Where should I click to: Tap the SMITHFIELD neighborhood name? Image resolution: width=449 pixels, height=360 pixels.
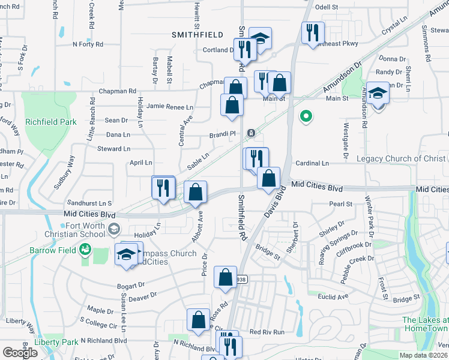[198, 35]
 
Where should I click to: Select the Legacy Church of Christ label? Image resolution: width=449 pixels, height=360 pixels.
[401, 158]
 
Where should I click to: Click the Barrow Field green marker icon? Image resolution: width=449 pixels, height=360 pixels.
[86, 248]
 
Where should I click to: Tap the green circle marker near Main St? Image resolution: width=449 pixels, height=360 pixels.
[306, 116]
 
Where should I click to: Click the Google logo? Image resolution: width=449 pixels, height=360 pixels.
[20, 353]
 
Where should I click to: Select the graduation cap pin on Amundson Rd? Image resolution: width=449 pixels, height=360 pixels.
[378, 94]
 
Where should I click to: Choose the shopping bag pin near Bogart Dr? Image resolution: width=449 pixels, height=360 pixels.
[225, 278]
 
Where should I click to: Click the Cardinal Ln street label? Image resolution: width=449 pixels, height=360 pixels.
[313, 163]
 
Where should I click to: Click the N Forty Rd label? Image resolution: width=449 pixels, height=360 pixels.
[88, 44]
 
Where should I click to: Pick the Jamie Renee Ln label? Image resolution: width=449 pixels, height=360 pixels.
[170, 107]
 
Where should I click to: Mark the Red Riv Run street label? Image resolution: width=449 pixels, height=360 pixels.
[267, 332]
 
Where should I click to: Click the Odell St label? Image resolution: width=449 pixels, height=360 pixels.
[327, 7]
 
